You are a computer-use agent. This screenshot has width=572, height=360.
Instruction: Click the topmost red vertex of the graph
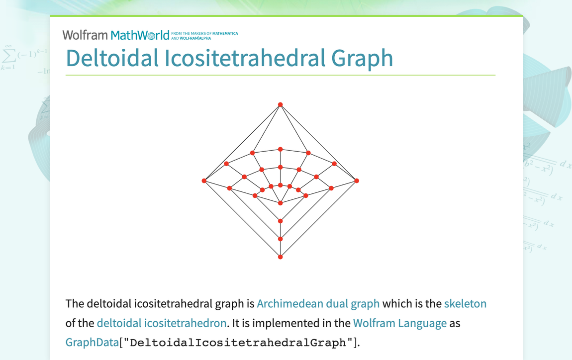(x=281, y=104)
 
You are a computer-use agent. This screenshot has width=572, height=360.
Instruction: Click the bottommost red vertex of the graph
(x=281, y=257)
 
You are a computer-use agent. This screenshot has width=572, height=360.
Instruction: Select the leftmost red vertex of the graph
(x=204, y=180)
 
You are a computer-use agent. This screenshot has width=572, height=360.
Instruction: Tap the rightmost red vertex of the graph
(x=357, y=180)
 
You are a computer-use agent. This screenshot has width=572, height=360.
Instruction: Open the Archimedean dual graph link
(x=318, y=303)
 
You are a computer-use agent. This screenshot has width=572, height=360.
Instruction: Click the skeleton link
(x=465, y=303)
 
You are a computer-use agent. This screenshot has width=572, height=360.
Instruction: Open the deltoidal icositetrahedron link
(x=162, y=323)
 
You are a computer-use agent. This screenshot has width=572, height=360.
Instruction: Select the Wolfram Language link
(x=400, y=323)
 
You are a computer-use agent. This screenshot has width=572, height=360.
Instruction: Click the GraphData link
(x=92, y=343)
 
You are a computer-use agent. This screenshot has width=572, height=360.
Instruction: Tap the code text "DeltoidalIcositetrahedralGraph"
(x=237, y=343)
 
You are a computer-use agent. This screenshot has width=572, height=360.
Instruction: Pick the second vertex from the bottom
(x=281, y=239)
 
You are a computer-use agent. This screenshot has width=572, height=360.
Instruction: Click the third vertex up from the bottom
(x=281, y=221)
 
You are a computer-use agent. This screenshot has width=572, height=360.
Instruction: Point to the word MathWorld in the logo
(x=140, y=35)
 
